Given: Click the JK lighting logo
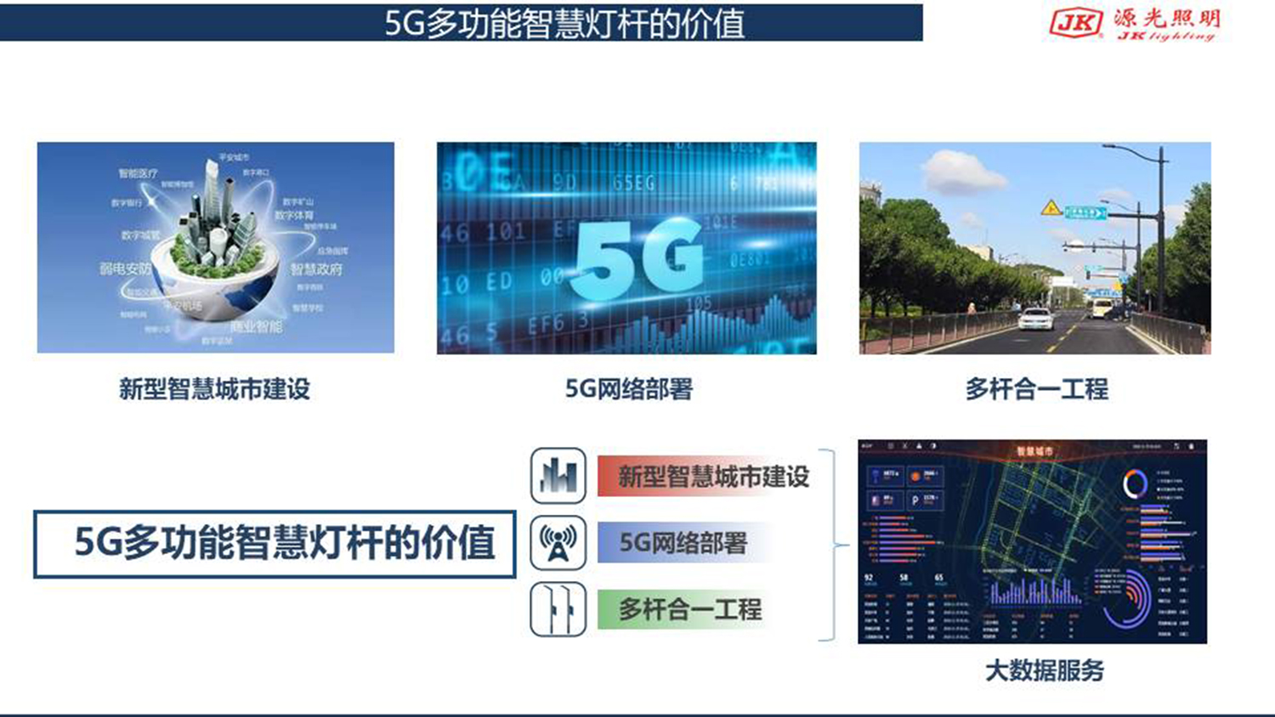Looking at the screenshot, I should click(x=1134, y=23).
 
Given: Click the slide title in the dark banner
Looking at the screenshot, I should click(x=564, y=23).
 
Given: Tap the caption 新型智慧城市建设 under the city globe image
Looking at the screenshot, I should click(x=215, y=389).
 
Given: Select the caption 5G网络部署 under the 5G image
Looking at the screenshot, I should click(x=628, y=389).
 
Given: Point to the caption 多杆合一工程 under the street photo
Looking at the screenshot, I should click(x=1036, y=389).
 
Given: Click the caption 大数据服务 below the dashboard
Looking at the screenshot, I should click(x=1044, y=670).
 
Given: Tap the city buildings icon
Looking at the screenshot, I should click(x=558, y=476).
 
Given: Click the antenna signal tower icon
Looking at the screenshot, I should click(x=558, y=543).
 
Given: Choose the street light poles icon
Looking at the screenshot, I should click(x=558, y=609).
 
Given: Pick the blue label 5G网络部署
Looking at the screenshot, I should click(x=683, y=543).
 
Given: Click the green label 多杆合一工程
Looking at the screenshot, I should click(x=689, y=609).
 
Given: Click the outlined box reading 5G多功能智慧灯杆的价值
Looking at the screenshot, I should click(x=275, y=544).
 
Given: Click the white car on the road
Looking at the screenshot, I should click(x=1035, y=319).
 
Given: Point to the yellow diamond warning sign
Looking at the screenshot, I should click(x=1051, y=208).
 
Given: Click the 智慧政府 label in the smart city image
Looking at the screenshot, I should click(x=316, y=269).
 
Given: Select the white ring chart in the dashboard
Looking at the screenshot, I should click(x=1134, y=483).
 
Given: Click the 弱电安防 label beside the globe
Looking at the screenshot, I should click(x=125, y=269).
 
